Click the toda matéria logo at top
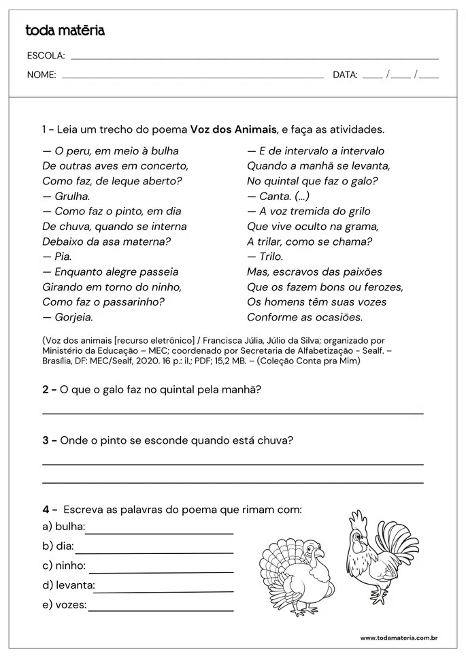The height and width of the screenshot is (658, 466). click(65, 31)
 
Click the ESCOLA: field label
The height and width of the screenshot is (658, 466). click(46, 56)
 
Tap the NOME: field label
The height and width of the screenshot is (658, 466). click(41, 75)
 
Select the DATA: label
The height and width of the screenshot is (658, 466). click(345, 75)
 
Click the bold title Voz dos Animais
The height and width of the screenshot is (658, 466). click(233, 129)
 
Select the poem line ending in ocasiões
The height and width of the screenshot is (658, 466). click(305, 316)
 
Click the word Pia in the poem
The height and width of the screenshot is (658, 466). click(63, 257)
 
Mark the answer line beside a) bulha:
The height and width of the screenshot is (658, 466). click(159, 533)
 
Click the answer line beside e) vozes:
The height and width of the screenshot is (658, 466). click(161, 610)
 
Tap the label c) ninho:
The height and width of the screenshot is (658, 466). click(64, 565)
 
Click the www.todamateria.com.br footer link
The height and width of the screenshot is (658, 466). click(398, 638)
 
